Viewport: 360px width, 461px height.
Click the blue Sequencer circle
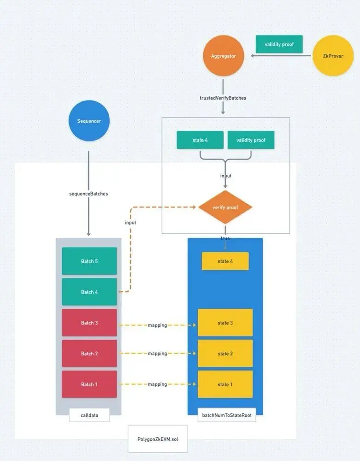coord(89,121)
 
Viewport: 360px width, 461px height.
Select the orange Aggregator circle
coord(224,56)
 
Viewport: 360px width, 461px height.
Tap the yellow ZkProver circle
coord(333,56)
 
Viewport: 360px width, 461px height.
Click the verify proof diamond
coord(225,207)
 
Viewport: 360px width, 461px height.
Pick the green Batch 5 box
coord(89,261)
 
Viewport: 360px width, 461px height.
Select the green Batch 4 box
coord(89,292)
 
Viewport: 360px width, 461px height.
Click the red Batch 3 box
coord(89,323)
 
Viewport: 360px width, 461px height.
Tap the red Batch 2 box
coord(89,354)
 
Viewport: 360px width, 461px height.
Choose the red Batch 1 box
coord(89,384)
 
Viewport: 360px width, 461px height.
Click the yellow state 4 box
coord(225,261)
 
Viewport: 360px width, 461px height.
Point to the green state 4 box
coord(200,140)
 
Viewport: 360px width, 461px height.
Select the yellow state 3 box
coord(225,323)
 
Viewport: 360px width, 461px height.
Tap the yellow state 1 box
coord(225,384)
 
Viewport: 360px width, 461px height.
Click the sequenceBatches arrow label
coord(89,194)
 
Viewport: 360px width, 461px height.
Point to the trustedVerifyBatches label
coord(223,98)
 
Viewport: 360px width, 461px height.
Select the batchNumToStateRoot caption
coord(225,415)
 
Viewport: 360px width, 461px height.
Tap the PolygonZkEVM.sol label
coord(158,439)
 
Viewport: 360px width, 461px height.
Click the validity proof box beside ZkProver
coord(279,44)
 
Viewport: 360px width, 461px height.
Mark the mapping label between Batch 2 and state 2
coord(157,354)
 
